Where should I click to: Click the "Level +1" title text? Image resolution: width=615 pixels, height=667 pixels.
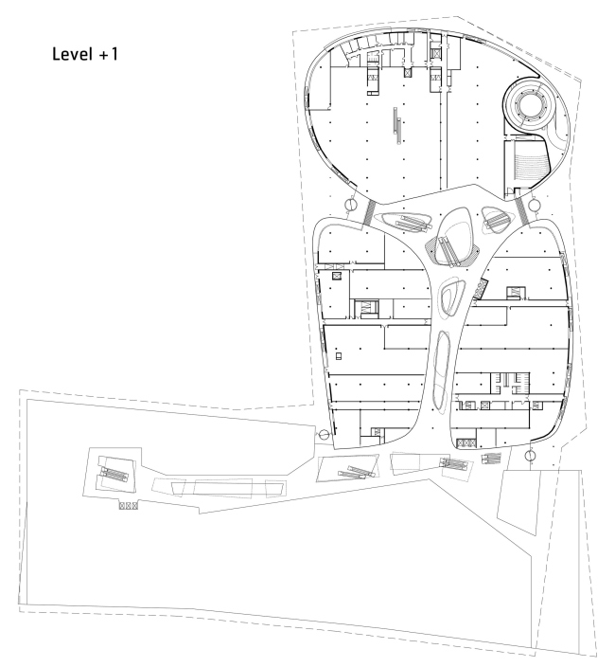coord(85,57)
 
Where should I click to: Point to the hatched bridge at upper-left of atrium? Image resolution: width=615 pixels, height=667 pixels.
coord(367,210)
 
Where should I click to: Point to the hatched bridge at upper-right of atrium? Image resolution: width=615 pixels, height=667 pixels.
coord(519,210)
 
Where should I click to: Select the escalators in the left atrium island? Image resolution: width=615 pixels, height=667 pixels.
coord(406,222)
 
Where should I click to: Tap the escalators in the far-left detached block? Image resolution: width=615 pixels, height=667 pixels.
coord(113,471)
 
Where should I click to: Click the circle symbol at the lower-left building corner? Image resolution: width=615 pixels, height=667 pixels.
coord(324,435)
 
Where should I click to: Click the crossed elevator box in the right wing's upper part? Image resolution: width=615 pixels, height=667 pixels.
coord(515,292)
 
